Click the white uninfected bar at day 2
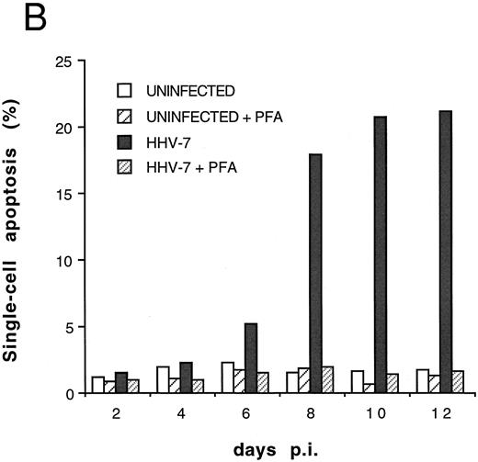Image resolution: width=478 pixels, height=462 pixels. click(x=98, y=385)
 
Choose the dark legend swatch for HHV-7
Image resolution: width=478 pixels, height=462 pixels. click(x=124, y=131)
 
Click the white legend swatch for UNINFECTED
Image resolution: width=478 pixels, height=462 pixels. click(x=124, y=91)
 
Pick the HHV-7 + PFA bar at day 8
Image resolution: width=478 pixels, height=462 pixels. click(x=329, y=379)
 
